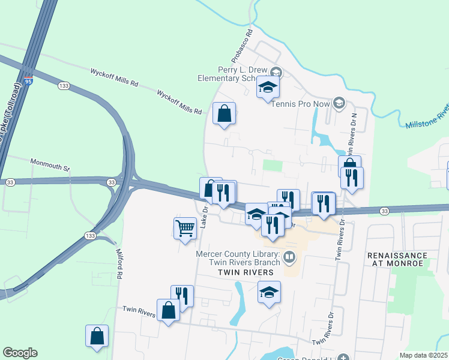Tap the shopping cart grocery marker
coord(185,227)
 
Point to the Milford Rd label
coord(119,265)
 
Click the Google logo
coord(20,353)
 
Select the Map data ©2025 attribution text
coord(424,355)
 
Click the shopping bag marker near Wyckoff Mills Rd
coord(224,113)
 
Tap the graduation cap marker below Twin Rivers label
coord(270,292)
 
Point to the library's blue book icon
coord(289,257)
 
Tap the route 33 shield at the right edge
coord(384,211)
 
